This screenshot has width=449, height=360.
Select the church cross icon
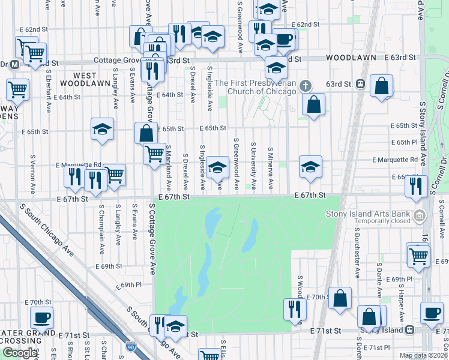(306, 85)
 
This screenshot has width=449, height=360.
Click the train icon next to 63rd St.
(361, 84)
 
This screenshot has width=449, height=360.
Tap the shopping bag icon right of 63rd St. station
(381, 86)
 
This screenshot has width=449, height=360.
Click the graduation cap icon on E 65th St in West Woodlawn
(103, 128)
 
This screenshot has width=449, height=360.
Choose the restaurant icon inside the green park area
(295, 308)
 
